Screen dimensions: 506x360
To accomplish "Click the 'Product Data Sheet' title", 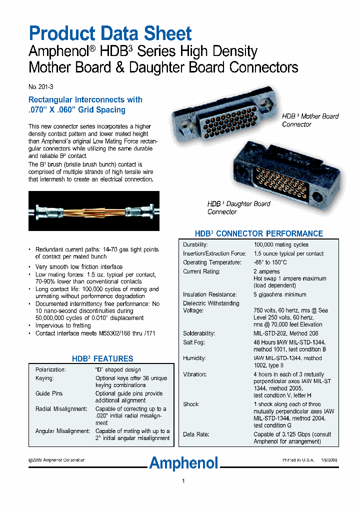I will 110,33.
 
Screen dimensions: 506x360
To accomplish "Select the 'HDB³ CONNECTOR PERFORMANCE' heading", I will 258,233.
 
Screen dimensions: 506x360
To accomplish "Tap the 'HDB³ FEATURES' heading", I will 102,358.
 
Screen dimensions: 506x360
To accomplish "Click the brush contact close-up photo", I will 94,210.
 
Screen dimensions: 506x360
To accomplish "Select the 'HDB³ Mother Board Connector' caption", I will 310,120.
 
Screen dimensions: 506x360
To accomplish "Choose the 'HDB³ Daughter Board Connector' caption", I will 238,207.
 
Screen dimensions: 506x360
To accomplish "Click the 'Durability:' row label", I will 195,244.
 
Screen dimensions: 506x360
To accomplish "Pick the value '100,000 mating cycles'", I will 280,244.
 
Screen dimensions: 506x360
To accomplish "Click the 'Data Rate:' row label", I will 196,434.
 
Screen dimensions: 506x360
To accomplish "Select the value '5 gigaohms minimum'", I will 279,294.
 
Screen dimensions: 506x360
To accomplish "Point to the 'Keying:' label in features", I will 44,378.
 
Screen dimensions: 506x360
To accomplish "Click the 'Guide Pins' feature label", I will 49,393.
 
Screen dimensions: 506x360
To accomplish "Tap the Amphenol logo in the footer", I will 184,463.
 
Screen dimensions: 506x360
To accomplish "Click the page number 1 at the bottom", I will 183,481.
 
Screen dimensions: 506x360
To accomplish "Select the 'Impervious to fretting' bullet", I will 63,325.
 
